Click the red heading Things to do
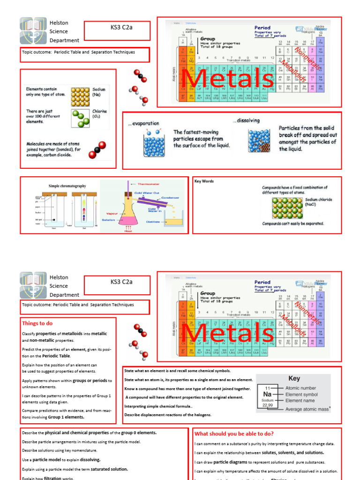coord(37,323)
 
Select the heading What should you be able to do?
coord(234,434)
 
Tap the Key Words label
coord(204,181)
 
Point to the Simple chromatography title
coord(67,186)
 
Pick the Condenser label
coord(170,198)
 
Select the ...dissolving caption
coord(246,120)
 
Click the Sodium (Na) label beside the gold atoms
coord(99,92)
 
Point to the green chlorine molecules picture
coord(80,119)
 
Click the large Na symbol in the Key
coord(267,395)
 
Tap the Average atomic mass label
coord(307,409)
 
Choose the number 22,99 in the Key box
coord(267,405)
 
